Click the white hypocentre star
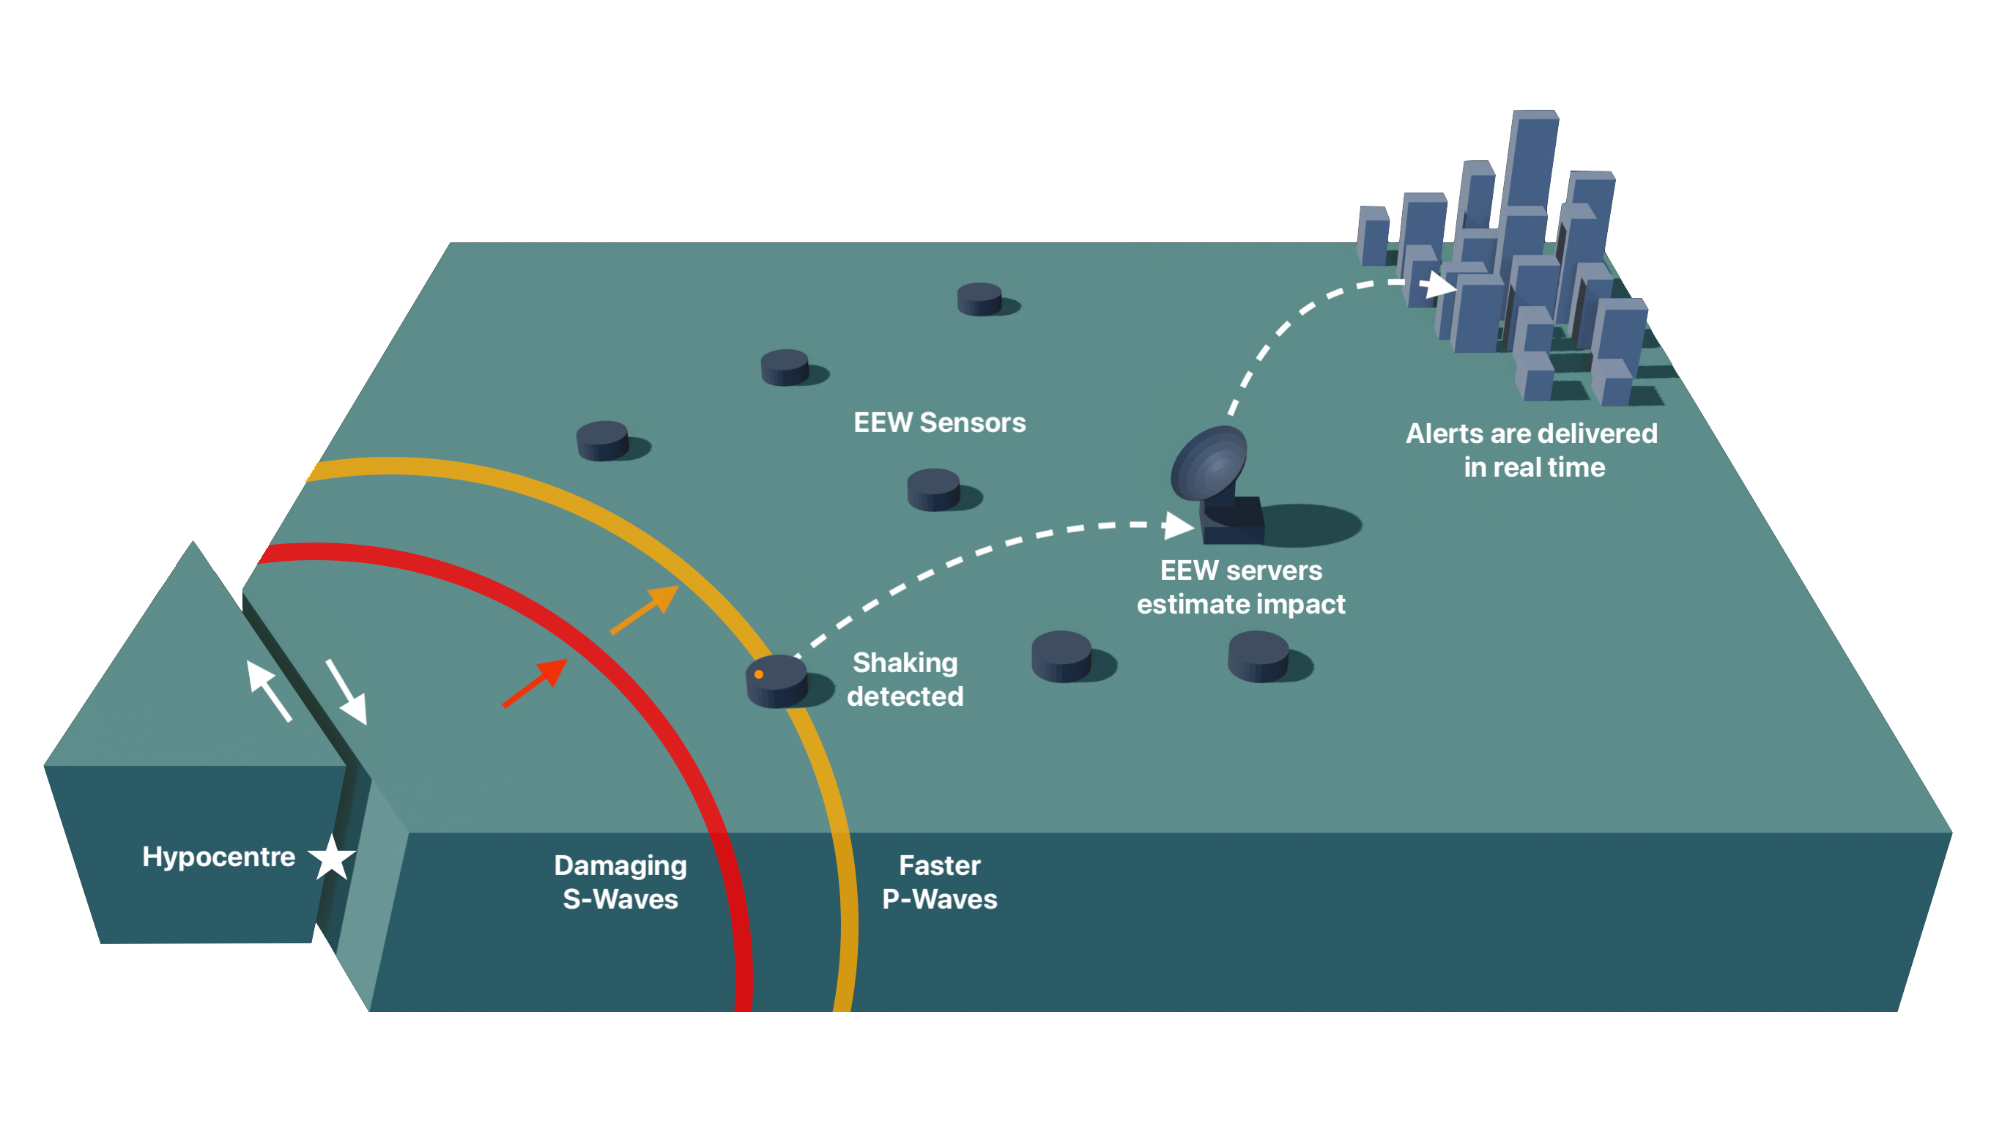point(332,857)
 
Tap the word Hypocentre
point(218,857)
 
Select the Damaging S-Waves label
point(620,882)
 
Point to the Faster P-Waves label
point(939,882)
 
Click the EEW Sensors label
point(939,422)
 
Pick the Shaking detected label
point(905,679)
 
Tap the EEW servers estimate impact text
point(1240,587)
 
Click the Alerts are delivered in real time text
point(1531,450)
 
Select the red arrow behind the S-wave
point(535,683)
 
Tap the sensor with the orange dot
point(776,681)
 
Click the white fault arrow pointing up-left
point(268,690)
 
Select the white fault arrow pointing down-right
point(346,691)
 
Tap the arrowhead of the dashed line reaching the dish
point(1178,526)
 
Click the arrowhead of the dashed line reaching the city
point(1442,285)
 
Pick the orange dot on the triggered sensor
point(758,674)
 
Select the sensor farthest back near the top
point(979,299)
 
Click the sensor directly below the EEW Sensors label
point(933,489)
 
